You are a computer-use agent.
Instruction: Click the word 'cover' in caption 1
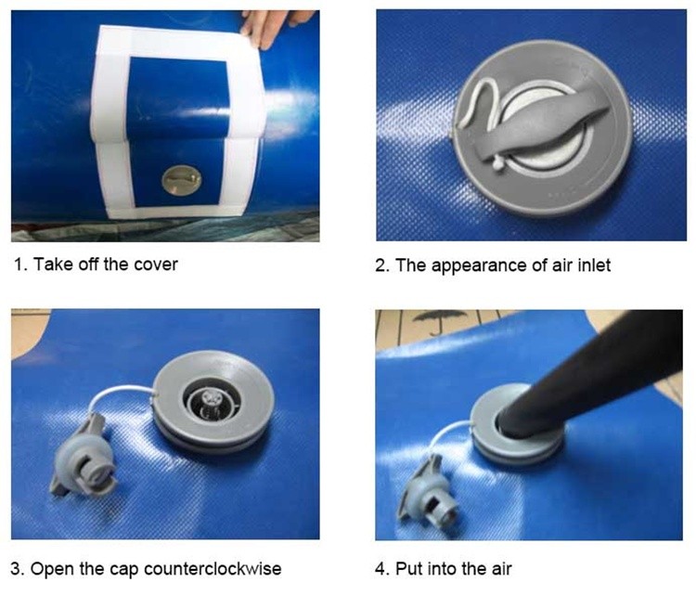click(x=154, y=264)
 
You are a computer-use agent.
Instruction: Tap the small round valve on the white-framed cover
click(x=177, y=179)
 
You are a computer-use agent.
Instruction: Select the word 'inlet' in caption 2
click(x=591, y=265)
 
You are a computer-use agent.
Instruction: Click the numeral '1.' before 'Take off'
click(x=20, y=264)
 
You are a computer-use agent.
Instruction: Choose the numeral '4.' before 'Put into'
click(x=382, y=568)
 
